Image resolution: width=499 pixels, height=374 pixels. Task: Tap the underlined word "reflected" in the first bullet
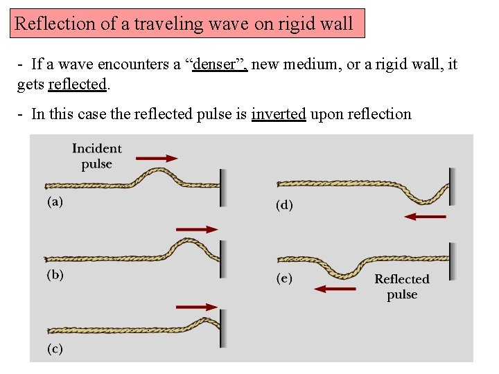pyautogui.click(x=77, y=84)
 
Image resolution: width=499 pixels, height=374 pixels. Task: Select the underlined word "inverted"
pyautogui.click(x=278, y=114)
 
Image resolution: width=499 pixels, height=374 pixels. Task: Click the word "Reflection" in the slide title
pyautogui.click(x=55, y=24)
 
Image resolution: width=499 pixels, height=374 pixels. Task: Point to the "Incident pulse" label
pyautogui.click(x=97, y=156)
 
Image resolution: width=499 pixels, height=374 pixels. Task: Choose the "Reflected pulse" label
pyautogui.click(x=402, y=287)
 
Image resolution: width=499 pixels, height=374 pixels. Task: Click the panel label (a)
pyautogui.click(x=55, y=202)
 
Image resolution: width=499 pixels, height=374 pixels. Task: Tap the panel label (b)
pyautogui.click(x=55, y=275)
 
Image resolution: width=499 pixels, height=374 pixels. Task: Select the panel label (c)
pyautogui.click(x=55, y=348)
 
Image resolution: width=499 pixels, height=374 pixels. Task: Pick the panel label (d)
pyautogui.click(x=284, y=205)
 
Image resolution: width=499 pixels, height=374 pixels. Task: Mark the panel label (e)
pyautogui.click(x=284, y=278)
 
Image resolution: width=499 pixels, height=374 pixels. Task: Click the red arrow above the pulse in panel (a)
pyautogui.click(x=157, y=158)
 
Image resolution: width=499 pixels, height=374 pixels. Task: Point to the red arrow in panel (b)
pyautogui.click(x=197, y=229)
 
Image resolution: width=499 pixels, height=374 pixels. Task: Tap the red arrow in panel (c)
pyautogui.click(x=197, y=306)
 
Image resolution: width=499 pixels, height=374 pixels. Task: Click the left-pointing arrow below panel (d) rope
pyautogui.click(x=425, y=217)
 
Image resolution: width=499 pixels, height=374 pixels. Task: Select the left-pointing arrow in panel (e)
pyautogui.click(x=335, y=288)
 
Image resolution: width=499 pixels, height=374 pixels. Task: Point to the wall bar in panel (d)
pyautogui.click(x=452, y=186)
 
